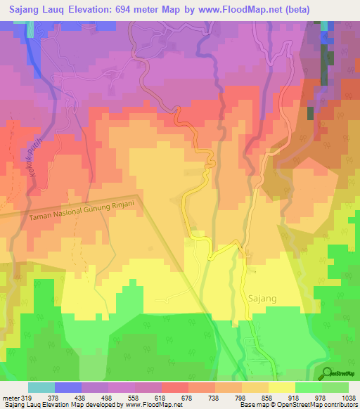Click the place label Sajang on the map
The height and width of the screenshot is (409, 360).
pos(262,298)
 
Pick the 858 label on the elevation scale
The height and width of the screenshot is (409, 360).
pos(266,397)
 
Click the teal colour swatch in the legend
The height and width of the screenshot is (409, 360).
pos(41,387)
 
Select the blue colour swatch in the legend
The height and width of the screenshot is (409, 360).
pos(68,387)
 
